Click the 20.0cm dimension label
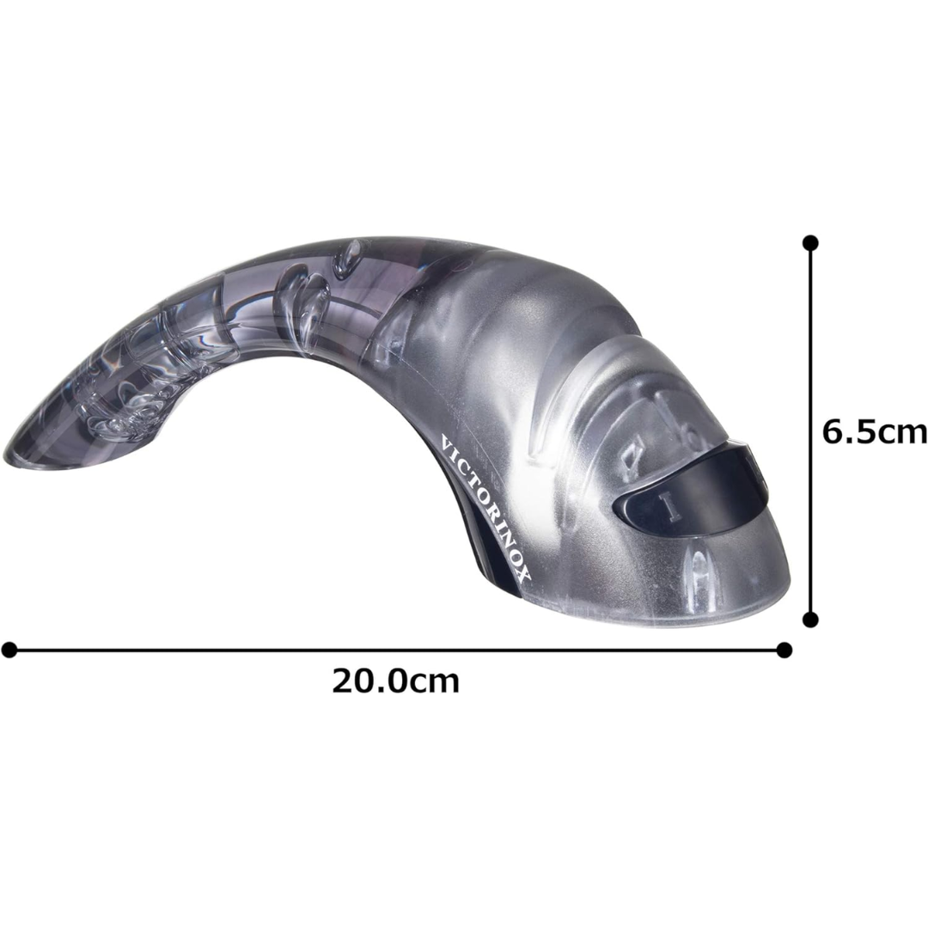[x=394, y=681]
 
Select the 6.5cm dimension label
[x=875, y=432]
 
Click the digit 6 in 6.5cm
[x=832, y=432]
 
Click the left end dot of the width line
[x=9, y=650]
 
